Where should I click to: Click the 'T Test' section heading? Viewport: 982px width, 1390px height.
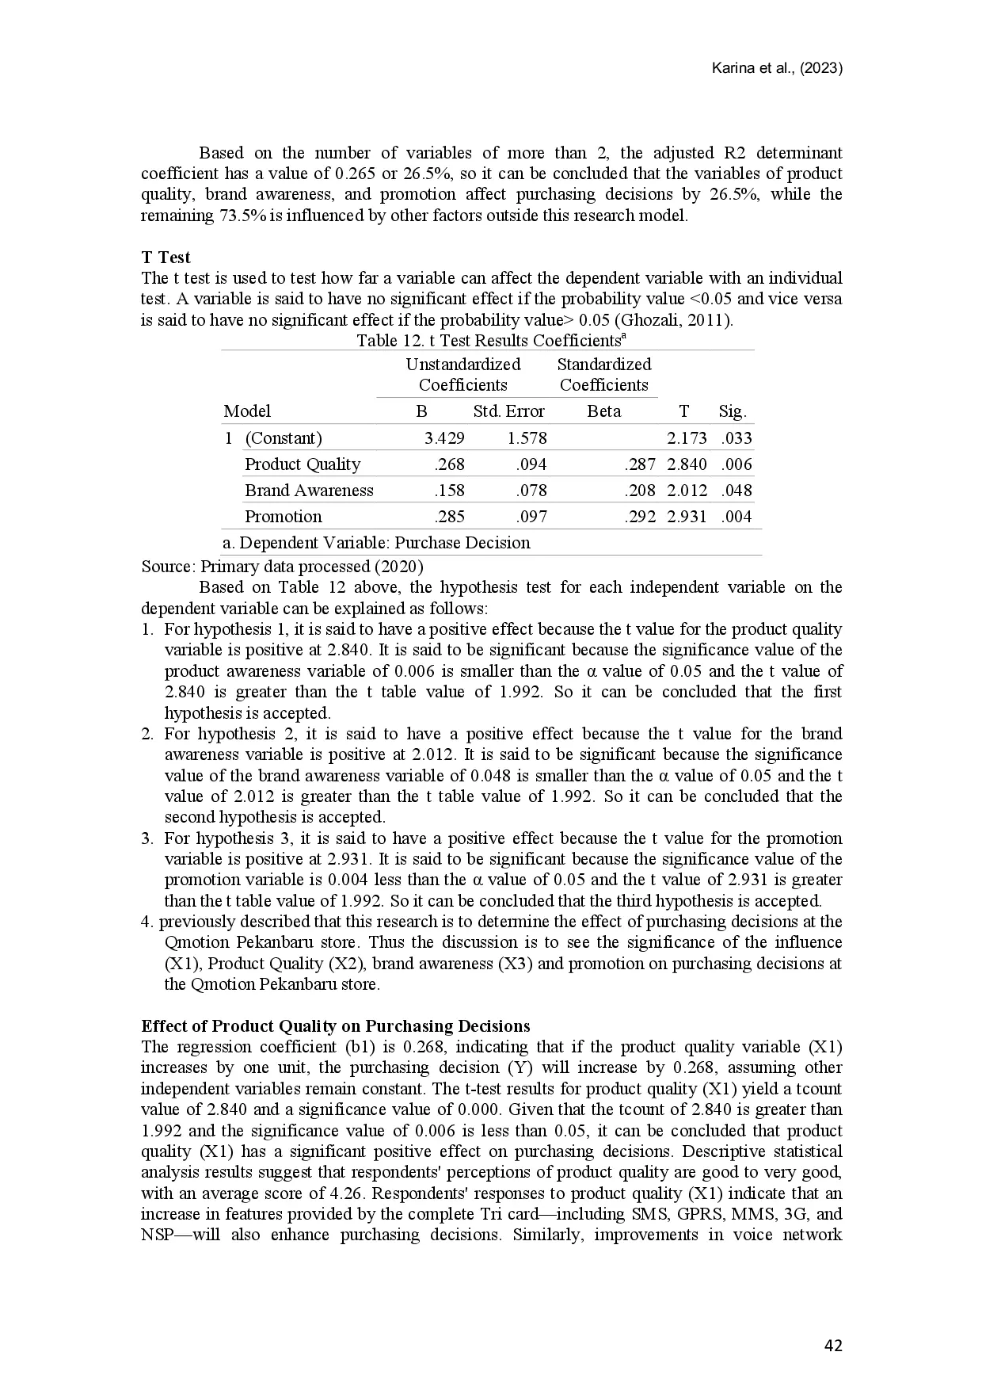tap(166, 257)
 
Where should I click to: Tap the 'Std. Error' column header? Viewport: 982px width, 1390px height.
tap(508, 411)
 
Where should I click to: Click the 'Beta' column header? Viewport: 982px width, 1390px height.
tap(603, 411)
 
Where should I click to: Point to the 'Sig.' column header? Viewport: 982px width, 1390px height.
tap(732, 411)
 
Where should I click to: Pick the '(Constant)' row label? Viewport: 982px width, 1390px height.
tap(283, 438)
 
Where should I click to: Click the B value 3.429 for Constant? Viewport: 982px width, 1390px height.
tap(444, 438)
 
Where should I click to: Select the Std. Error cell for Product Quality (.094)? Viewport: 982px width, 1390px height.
tap(531, 464)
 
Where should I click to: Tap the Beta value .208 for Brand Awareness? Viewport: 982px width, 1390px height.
tap(640, 491)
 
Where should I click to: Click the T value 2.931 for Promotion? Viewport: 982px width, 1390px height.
tap(687, 517)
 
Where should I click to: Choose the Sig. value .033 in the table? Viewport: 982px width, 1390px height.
tap(736, 438)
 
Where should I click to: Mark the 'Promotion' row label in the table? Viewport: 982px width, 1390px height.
tap(283, 517)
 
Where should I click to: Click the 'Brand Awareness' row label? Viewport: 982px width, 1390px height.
tap(309, 491)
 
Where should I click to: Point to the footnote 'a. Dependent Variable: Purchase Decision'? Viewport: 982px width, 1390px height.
tap(376, 543)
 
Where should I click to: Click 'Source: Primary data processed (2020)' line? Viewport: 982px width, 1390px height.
tap(282, 567)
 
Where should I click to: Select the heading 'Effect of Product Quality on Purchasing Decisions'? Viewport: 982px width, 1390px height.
tap(335, 1026)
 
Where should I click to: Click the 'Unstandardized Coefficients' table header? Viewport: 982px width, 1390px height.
tap(463, 375)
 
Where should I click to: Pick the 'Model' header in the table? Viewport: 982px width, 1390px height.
tap(247, 411)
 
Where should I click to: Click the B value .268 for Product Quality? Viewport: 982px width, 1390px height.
tap(449, 464)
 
